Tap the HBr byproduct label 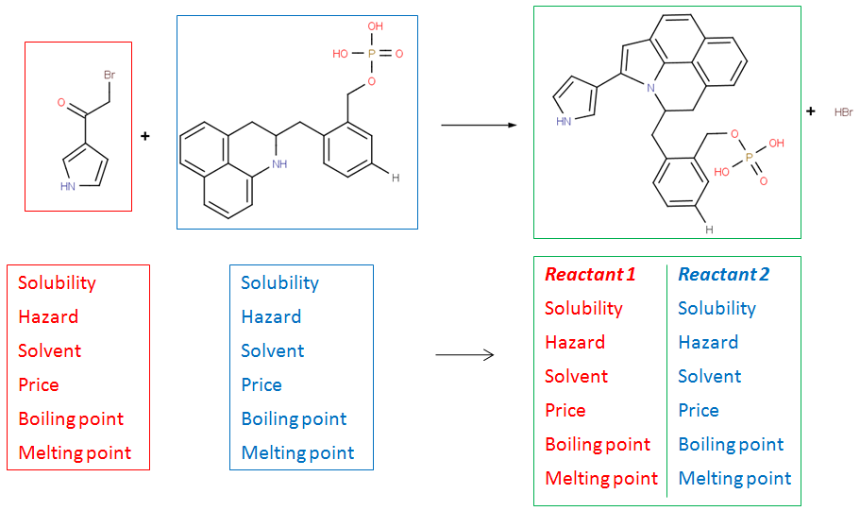click(843, 112)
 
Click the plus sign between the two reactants click(145, 136)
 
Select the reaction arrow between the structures click(479, 125)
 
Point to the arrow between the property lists click(464, 355)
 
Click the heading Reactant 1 click(590, 275)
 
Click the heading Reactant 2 click(723, 275)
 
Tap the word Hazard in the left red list click(47, 316)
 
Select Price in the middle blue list click(261, 384)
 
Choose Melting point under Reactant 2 click(734, 478)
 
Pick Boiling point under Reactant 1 click(598, 444)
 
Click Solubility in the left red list click(57, 282)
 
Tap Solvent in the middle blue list click(273, 350)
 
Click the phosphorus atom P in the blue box click(371, 54)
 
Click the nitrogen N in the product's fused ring click(650, 87)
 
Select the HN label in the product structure click(564, 121)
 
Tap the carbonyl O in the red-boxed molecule click(61, 100)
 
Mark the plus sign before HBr click(810, 111)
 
